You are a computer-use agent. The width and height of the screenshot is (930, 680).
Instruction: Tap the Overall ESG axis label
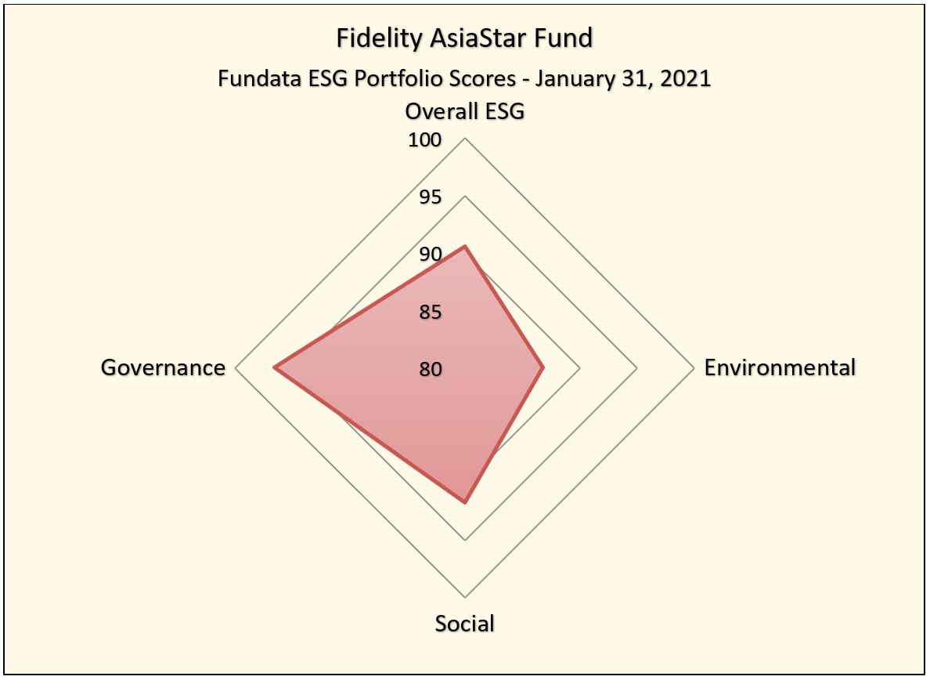click(464, 111)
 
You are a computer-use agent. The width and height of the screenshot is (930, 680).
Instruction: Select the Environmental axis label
click(780, 367)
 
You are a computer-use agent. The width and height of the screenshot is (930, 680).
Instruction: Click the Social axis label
click(465, 624)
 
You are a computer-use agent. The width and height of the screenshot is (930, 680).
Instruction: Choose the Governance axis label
click(163, 367)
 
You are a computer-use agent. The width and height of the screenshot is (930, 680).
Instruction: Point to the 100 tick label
click(425, 140)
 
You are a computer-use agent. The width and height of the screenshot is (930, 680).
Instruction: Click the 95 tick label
click(430, 197)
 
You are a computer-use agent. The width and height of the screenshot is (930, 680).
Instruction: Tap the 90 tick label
click(430, 255)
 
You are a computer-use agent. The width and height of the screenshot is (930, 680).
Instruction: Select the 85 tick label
click(430, 313)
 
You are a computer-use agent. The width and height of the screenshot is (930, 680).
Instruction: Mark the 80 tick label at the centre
click(430, 369)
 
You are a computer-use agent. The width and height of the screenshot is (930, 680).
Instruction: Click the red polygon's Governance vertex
click(274, 367)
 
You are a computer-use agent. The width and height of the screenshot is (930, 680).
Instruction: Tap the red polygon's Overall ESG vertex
click(465, 246)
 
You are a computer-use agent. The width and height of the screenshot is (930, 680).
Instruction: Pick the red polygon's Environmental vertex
click(542, 367)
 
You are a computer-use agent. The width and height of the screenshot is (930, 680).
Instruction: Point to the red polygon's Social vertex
click(465, 502)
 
